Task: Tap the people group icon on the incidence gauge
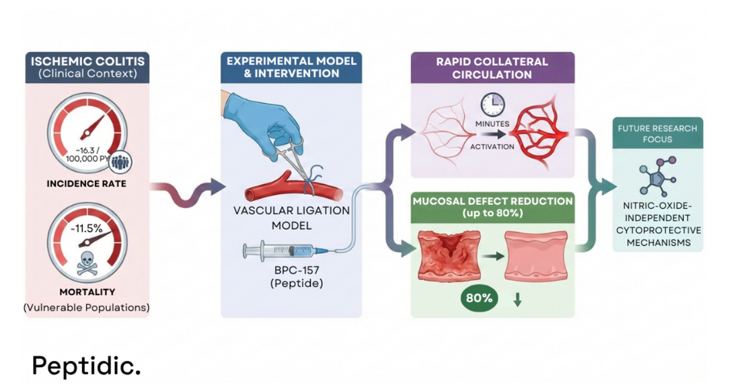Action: pos(122,162)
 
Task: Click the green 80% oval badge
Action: pos(479,298)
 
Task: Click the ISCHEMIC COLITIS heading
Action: pos(88,61)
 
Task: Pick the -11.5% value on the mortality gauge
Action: pos(86,228)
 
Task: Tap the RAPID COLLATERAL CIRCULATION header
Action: pos(492,68)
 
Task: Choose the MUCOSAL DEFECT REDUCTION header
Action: pos(492,206)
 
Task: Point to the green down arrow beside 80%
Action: pos(517,300)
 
